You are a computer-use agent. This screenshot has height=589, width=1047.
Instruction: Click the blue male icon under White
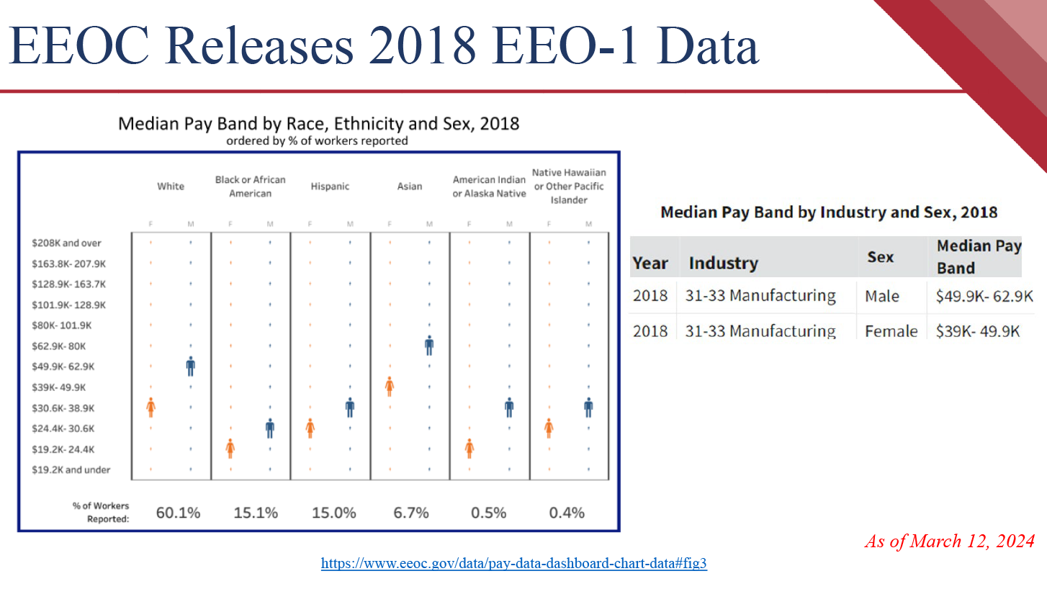190,367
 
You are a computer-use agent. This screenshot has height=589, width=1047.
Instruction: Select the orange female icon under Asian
390,387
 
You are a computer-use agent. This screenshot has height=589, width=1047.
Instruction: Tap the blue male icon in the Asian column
429,346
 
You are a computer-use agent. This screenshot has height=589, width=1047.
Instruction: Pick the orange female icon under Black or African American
230,449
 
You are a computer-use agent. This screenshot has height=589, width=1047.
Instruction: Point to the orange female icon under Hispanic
310,428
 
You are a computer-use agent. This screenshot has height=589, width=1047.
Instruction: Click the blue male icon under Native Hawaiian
588,408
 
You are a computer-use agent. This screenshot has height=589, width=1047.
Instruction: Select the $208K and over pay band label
67,243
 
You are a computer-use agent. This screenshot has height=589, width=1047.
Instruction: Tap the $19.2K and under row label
71,471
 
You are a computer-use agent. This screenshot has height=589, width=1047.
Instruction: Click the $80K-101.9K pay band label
62,325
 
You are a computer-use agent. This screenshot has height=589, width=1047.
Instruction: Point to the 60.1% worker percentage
178,513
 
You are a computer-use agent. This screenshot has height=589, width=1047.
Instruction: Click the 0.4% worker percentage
567,513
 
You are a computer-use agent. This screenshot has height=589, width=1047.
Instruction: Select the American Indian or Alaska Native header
490,186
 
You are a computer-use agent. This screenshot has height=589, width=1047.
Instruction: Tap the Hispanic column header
330,186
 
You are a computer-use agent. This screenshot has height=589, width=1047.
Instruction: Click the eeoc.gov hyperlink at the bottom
514,563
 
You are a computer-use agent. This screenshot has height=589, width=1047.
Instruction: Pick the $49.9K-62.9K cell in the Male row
984,296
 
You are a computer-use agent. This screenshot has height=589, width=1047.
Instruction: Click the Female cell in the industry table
891,331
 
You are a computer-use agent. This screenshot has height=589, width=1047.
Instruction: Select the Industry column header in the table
723,263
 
